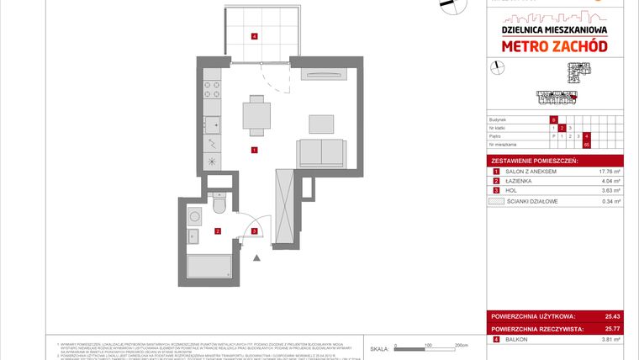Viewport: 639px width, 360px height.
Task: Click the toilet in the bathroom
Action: pyautogui.click(x=219, y=204)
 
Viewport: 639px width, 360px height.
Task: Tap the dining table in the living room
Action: pyautogui.click(x=257, y=113)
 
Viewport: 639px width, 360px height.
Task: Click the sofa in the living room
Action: pyautogui.click(x=320, y=152)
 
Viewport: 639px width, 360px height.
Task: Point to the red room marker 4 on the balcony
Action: pyautogui.click(x=254, y=36)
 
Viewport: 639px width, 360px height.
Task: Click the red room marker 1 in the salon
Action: pyautogui.click(x=254, y=151)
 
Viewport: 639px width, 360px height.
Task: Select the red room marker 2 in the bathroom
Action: pyautogui.click(x=218, y=231)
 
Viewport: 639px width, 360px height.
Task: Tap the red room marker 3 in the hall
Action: pyautogui.click(x=254, y=231)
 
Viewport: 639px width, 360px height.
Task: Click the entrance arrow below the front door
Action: pyautogui.click(x=256, y=257)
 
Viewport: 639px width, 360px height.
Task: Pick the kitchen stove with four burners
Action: pyautogui.click(x=212, y=86)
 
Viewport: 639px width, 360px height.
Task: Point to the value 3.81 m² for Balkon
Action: pyautogui.click(x=609, y=340)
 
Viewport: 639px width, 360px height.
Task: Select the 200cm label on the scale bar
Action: pyautogui.click(x=461, y=345)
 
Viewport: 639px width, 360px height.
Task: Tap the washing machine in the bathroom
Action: pyautogui.click(x=194, y=216)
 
